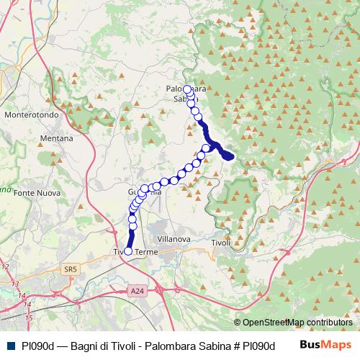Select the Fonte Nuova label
pyautogui.click(x=36, y=192)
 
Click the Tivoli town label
pyautogui.click(x=221, y=242)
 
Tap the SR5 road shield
pyautogui.click(x=70, y=269)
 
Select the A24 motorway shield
pyautogui.click(x=138, y=290)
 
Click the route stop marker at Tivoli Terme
pyautogui.click(x=128, y=251)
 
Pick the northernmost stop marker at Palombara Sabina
pyautogui.click(x=187, y=89)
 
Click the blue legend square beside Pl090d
pyautogui.click(x=11, y=346)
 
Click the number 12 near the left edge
pyautogui.click(x=6, y=267)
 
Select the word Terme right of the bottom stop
pyautogui.click(x=146, y=252)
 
